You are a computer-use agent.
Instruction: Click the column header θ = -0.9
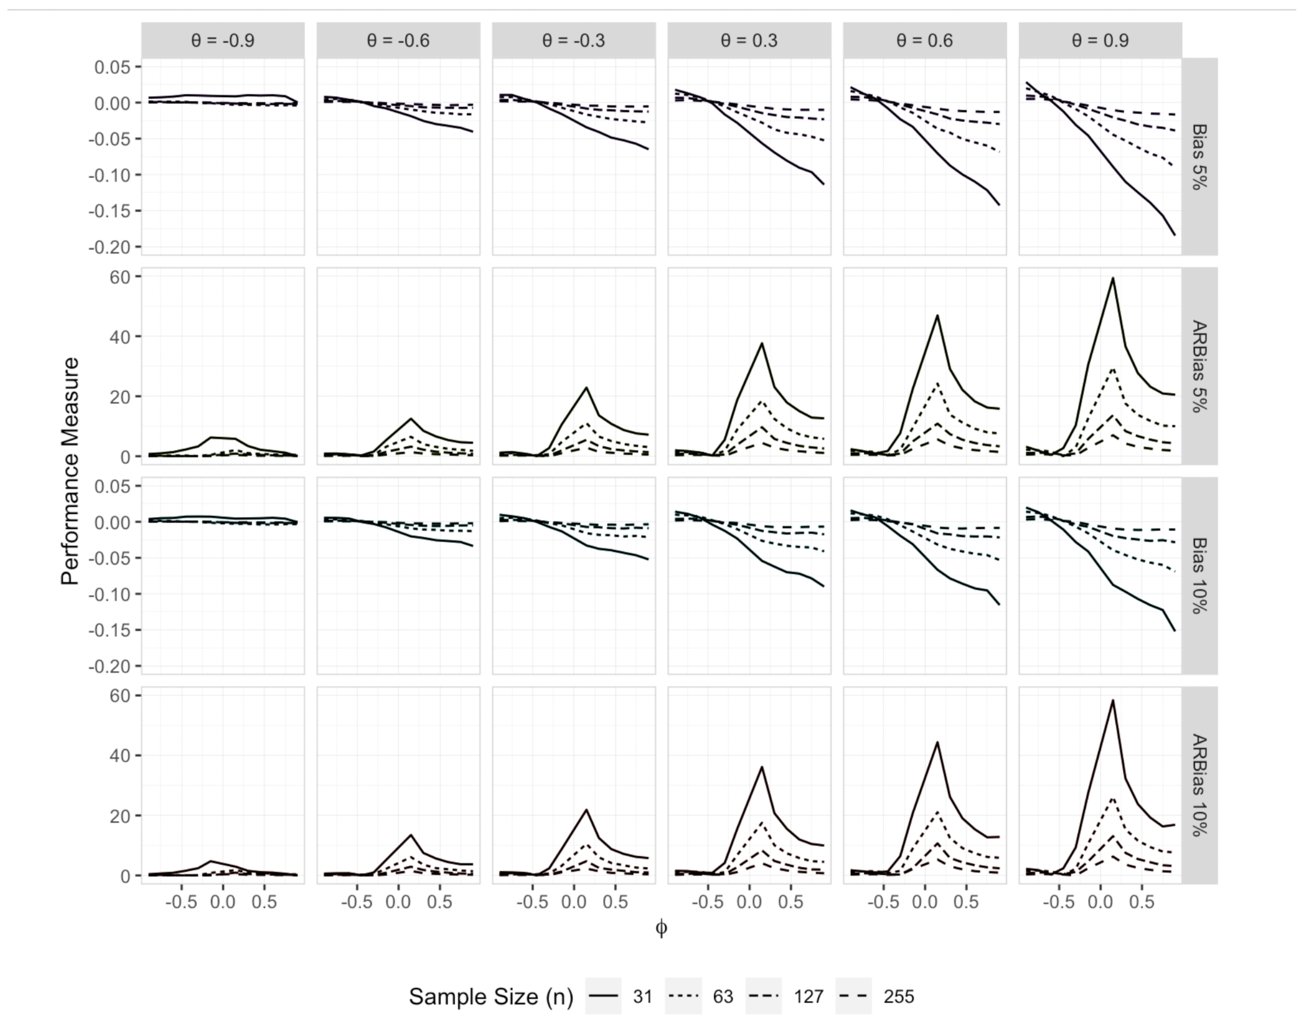[223, 41]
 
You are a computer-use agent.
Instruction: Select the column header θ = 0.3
[749, 41]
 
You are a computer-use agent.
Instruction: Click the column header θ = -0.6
[398, 41]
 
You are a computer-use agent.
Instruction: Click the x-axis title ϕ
[661, 928]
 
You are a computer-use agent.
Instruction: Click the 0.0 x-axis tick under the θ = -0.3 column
[573, 902]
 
